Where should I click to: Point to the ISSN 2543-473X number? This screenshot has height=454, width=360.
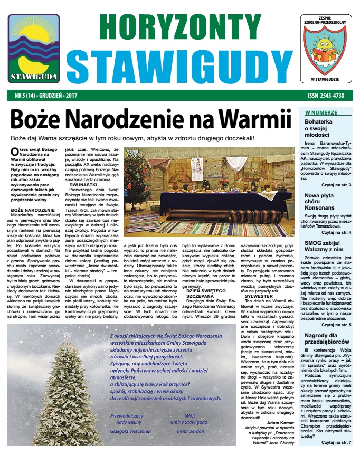click(x=326, y=96)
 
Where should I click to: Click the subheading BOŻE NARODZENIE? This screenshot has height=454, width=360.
click(x=30, y=210)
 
